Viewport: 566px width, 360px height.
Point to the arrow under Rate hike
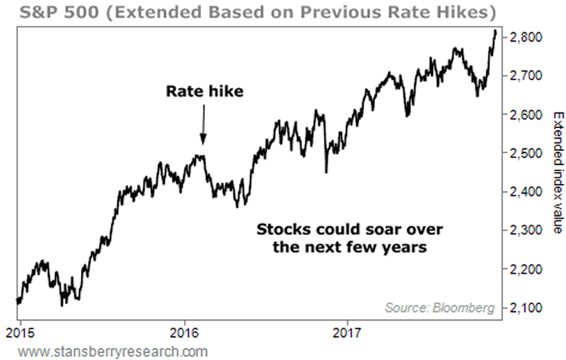203,126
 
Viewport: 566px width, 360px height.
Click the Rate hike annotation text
204,92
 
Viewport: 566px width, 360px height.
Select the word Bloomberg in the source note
466,308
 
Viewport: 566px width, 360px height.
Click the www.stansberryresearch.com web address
107,350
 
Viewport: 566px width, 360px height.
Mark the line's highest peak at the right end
494,30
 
